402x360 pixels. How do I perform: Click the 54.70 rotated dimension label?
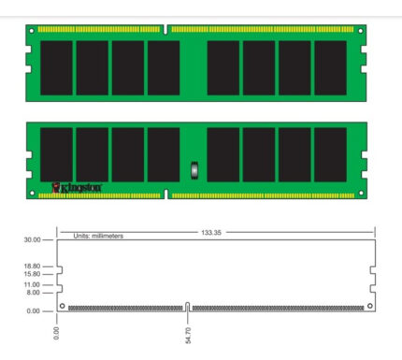[x=189, y=334]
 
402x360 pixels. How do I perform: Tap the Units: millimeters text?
[x=98, y=236]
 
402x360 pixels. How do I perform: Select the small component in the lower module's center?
[x=194, y=170]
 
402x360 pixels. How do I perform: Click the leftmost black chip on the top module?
[x=56, y=68]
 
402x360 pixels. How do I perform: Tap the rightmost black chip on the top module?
[x=330, y=68]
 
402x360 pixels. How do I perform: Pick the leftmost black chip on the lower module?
[x=56, y=154]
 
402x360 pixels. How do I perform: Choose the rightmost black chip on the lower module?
[x=330, y=154]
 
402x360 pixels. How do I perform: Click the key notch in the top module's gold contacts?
[x=166, y=30]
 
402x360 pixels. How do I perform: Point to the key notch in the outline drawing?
[x=188, y=306]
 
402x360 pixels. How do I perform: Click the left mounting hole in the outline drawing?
[x=62, y=306]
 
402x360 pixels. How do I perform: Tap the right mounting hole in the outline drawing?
[x=369, y=306]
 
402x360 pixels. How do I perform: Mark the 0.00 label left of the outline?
[x=33, y=310]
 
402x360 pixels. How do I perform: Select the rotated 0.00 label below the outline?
[x=58, y=332]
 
